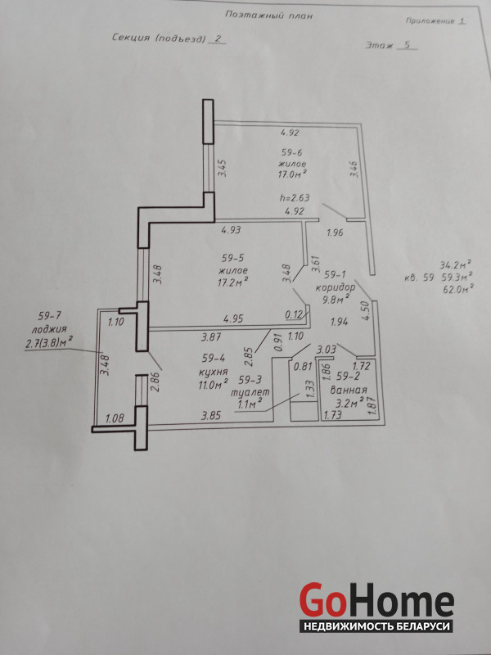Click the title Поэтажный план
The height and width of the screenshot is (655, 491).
(x=268, y=16)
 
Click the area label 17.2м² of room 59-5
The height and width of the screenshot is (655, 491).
(x=232, y=282)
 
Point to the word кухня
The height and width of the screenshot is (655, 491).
(x=214, y=372)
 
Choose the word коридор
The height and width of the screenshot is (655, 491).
(x=336, y=288)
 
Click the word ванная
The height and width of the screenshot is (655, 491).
(x=349, y=391)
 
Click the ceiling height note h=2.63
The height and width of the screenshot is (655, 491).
(x=295, y=198)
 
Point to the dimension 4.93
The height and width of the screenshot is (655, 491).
(x=231, y=229)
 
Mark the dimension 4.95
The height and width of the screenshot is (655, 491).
(x=233, y=319)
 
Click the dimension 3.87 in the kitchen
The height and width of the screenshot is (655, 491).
(x=211, y=336)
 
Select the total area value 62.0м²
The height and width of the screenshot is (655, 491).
(x=457, y=288)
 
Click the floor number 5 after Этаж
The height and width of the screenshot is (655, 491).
(x=408, y=45)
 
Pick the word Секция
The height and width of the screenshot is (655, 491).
(x=131, y=38)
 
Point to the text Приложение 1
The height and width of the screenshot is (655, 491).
(x=435, y=21)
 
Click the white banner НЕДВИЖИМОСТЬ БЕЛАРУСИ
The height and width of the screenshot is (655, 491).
(x=376, y=626)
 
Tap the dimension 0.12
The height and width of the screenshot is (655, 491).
(x=294, y=315)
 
